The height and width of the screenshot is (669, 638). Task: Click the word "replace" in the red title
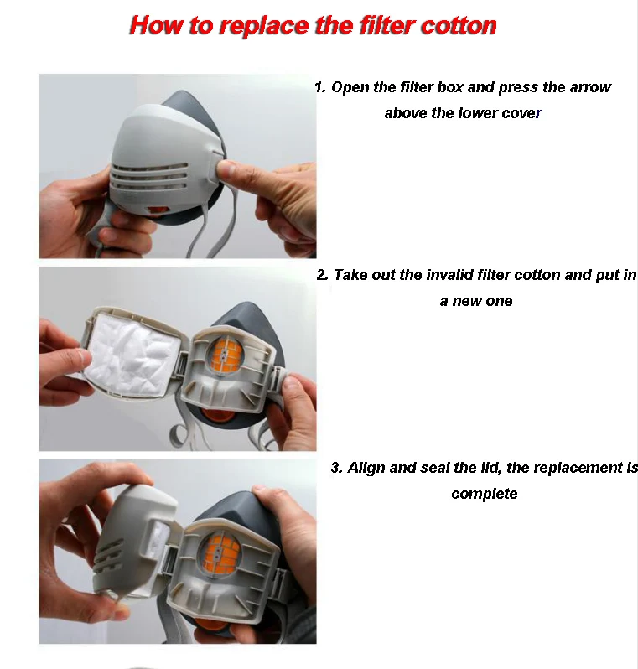(x=265, y=26)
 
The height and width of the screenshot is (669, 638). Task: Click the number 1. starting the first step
(x=320, y=87)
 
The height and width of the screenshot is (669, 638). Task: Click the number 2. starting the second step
(x=322, y=275)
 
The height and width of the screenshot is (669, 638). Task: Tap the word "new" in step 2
(x=466, y=301)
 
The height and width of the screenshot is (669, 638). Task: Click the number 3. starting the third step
(x=337, y=468)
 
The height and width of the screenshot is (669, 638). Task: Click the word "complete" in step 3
(x=485, y=494)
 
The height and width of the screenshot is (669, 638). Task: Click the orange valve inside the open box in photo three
(x=221, y=556)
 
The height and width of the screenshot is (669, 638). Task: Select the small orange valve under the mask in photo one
(x=158, y=210)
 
